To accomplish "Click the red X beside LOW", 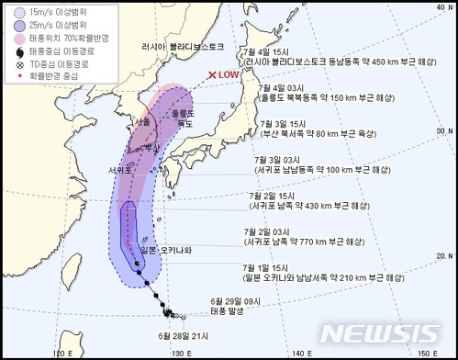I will (x=212, y=75).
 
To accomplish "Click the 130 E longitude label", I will (x=178, y=350).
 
